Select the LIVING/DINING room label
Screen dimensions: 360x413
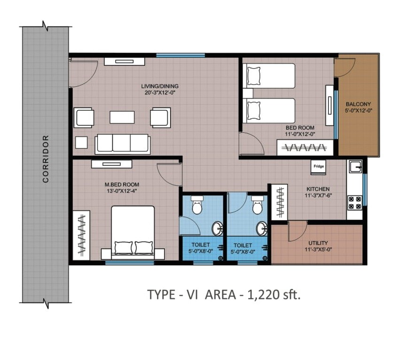160,86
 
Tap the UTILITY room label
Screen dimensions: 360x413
318,243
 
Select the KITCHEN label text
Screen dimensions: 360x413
318,189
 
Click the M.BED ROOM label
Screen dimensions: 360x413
122,184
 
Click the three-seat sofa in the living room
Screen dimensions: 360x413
122,144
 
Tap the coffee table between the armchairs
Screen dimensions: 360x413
122,117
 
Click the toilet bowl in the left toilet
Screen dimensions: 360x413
197,205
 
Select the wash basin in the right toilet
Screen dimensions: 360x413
262,229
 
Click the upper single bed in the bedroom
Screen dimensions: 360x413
269,76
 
